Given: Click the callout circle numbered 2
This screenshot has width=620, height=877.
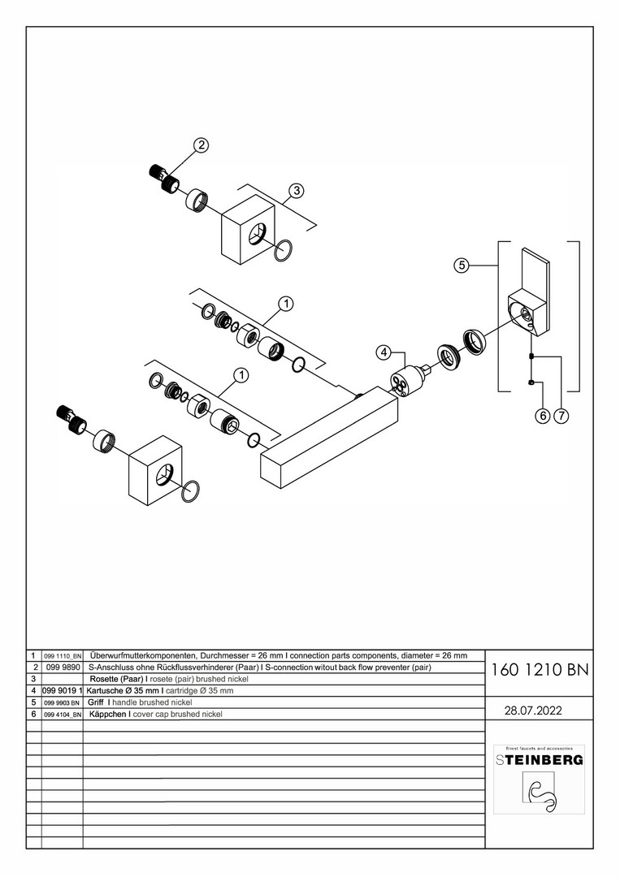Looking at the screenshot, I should [201, 145].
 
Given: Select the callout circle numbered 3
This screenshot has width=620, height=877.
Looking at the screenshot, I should [297, 191].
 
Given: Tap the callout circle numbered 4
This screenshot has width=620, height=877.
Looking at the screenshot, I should [384, 352].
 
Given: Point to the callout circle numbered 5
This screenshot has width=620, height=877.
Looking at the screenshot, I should [461, 265].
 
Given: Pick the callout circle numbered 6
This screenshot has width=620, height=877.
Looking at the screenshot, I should [542, 417].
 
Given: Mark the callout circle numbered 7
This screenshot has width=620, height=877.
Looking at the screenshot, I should [561, 417].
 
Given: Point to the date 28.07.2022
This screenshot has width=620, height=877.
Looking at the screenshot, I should [534, 710].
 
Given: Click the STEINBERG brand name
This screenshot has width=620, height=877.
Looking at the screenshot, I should [540, 760].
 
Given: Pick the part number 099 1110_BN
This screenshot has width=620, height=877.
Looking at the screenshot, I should [62, 655].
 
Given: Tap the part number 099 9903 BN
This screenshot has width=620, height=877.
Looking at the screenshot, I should [62, 702].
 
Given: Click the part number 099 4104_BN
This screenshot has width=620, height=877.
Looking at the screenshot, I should [62, 714].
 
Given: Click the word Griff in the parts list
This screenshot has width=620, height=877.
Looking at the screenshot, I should [96, 702].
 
